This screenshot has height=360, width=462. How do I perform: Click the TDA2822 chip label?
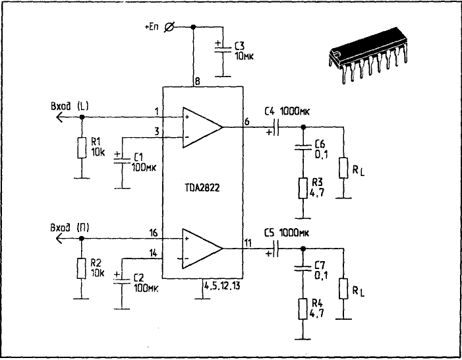(x=202, y=188)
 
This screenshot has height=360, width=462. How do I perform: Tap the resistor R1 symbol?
(x=82, y=148)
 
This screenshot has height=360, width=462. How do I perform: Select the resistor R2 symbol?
(x=82, y=267)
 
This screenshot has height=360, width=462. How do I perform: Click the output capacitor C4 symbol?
(x=275, y=127)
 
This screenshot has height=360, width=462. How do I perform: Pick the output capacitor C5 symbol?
(x=275, y=249)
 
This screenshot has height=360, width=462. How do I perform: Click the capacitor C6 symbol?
(x=303, y=149)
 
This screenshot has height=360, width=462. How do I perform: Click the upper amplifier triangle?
(x=203, y=126)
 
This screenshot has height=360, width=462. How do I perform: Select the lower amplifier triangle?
(x=203, y=248)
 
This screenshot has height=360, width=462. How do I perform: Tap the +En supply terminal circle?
(x=169, y=26)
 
